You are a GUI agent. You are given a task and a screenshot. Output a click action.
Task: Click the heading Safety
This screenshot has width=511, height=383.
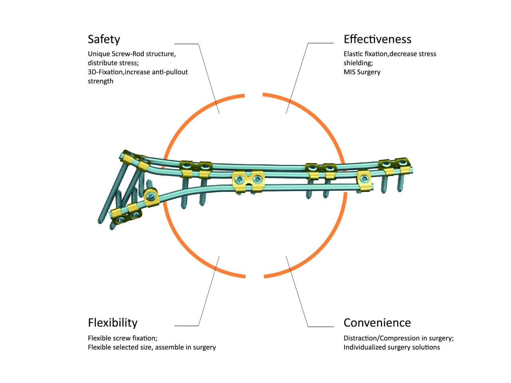[x=104, y=39]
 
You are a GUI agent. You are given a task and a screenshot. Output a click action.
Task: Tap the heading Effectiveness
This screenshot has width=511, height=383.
[x=377, y=39]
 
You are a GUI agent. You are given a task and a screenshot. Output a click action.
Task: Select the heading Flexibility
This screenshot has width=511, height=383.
[x=113, y=322]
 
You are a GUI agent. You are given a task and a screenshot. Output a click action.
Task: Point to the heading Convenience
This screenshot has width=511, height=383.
[x=377, y=322]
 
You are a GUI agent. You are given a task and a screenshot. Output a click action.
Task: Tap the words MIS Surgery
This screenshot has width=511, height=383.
[x=362, y=72]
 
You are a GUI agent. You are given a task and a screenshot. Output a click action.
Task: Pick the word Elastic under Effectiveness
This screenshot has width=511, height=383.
[x=353, y=54]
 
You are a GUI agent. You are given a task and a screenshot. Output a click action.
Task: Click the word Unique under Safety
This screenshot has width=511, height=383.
[x=99, y=54]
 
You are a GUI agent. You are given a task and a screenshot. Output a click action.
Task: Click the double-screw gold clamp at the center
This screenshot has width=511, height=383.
[x=248, y=181]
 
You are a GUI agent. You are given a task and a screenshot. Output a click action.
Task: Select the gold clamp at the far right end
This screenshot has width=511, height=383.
[x=394, y=166]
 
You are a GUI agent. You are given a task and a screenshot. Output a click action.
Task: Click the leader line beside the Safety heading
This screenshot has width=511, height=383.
[x=208, y=76]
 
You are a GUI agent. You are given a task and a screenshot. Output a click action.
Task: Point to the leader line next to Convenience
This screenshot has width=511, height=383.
[x=297, y=291]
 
